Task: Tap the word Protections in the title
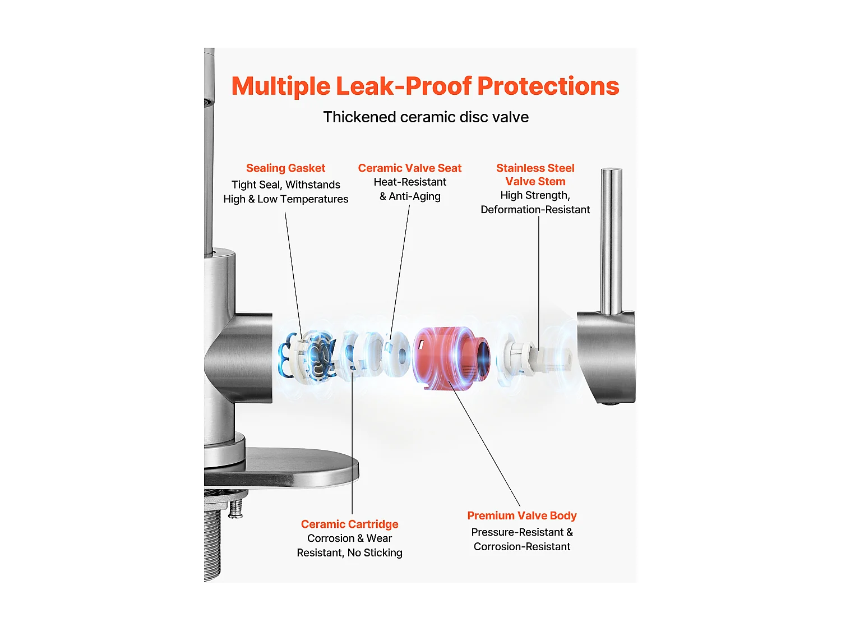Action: pos(548,87)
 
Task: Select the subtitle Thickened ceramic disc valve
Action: pos(426,117)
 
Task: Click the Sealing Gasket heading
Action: pos(285,168)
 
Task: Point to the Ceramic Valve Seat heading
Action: pos(409,168)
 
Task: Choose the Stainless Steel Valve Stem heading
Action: pos(535,174)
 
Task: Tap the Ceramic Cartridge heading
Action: pos(349,524)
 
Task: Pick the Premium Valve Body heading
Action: pos(521,515)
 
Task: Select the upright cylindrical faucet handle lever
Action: pos(611,241)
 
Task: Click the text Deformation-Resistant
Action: pos(535,210)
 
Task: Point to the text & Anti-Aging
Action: pos(410,196)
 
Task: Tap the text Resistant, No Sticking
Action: pos(349,553)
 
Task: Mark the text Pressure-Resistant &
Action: pos(521,532)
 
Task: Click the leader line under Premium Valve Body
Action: pos(485,443)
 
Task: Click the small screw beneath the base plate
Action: pos(236,508)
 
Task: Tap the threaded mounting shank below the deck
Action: pos(212,538)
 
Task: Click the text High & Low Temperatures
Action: pos(285,199)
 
